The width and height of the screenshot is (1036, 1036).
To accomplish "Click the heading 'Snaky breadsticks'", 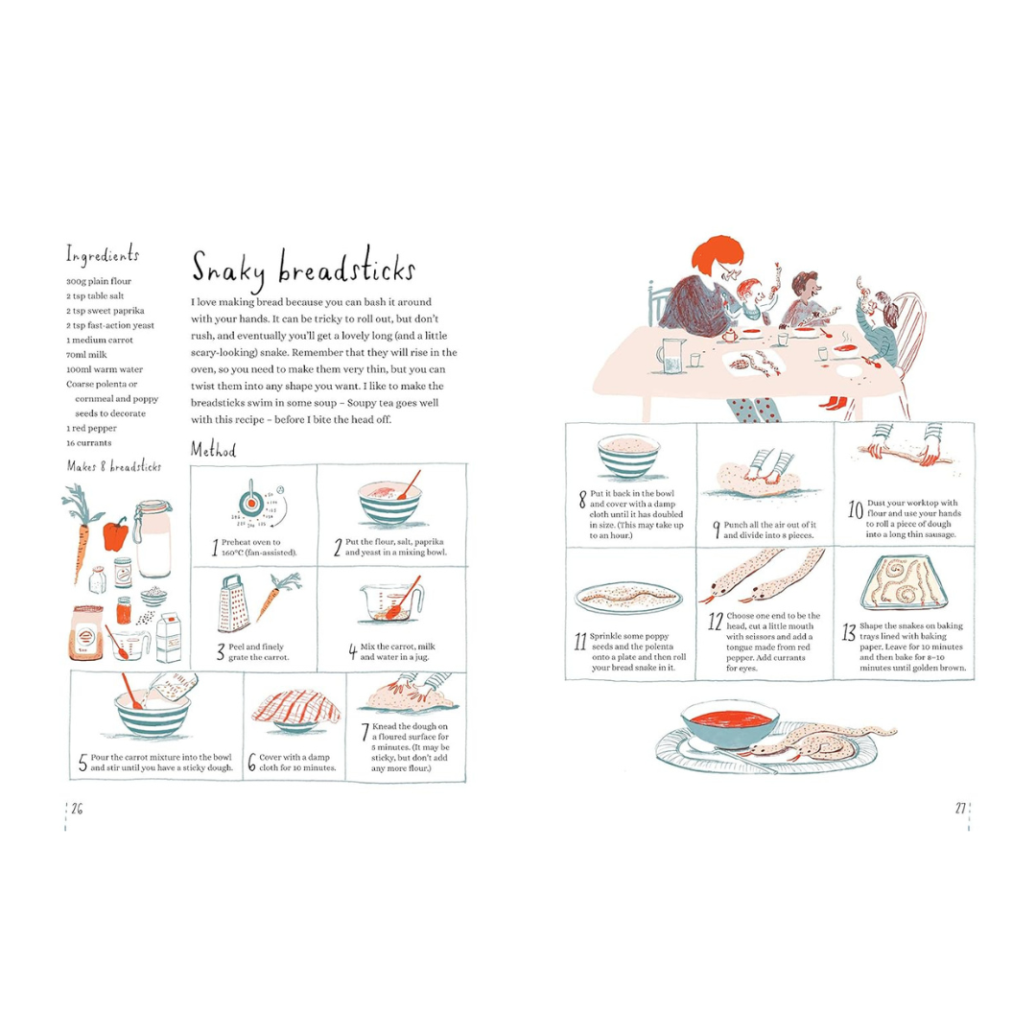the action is pyautogui.click(x=303, y=269).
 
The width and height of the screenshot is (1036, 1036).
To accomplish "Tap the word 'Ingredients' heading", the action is pyautogui.click(x=103, y=254).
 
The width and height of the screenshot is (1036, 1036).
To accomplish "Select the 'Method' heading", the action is pyautogui.click(x=213, y=450).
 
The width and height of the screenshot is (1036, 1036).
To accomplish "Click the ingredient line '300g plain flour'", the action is pyautogui.click(x=99, y=281).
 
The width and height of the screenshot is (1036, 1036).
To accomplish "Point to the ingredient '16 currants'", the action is pyautogui.click(x=88, y=442).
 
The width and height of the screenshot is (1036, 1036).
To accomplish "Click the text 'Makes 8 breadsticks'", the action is pyautogui.click(x=113, y=466).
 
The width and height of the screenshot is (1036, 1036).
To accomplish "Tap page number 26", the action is pyautogui.click(x=78, y=809).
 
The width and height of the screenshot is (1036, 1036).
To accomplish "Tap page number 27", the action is pyautogui.click(x=960, y=808).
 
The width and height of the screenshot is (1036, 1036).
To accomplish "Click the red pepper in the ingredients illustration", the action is pyautogui.click(x=116, y=534).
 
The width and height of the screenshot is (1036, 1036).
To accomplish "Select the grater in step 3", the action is pyautogui.click(x=232, y=604).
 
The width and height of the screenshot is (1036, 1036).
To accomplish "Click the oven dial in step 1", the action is pyautogui.click(x=251, y=503).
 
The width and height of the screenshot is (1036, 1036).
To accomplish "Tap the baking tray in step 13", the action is pyautogui.click(x=905, y=583).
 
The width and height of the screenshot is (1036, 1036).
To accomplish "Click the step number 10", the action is pyautogui.click(x=856, y=510).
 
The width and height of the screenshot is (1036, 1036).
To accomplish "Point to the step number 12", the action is pyautogui.click(x=716, y=621).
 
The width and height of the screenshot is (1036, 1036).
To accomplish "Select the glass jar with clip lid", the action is pyautogui.click(x=153, y=538).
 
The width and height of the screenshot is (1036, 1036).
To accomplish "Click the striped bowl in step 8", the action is pyautogui.click(x=629, y=456).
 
